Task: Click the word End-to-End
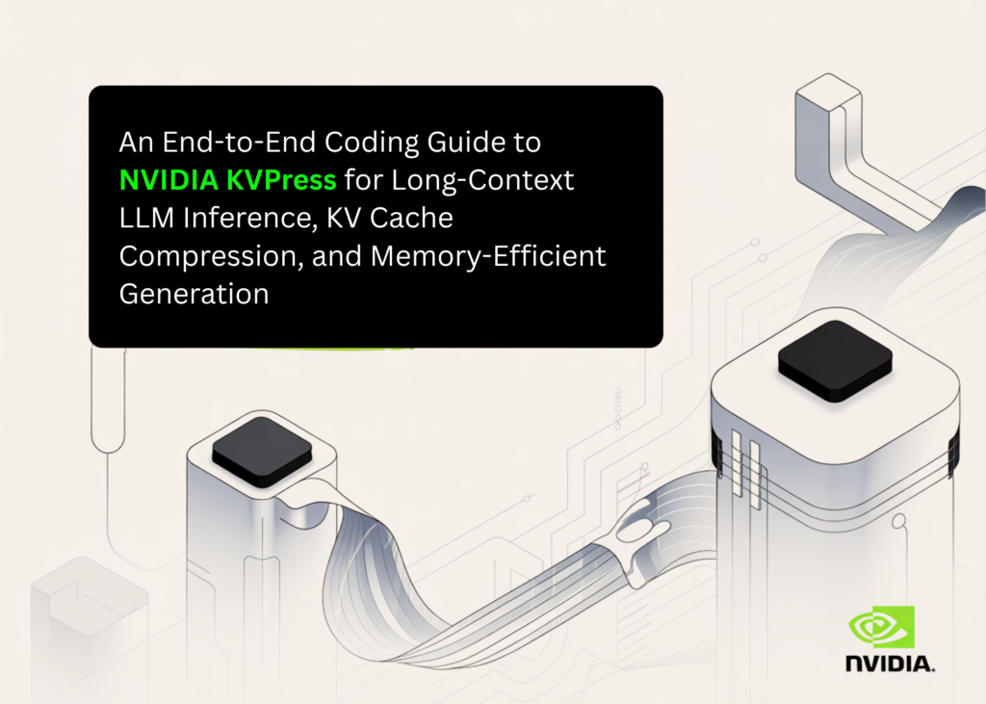[x=218, y=143]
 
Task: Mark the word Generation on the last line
[x=194, y=293]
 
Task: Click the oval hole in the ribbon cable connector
[x=636, y=529]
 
